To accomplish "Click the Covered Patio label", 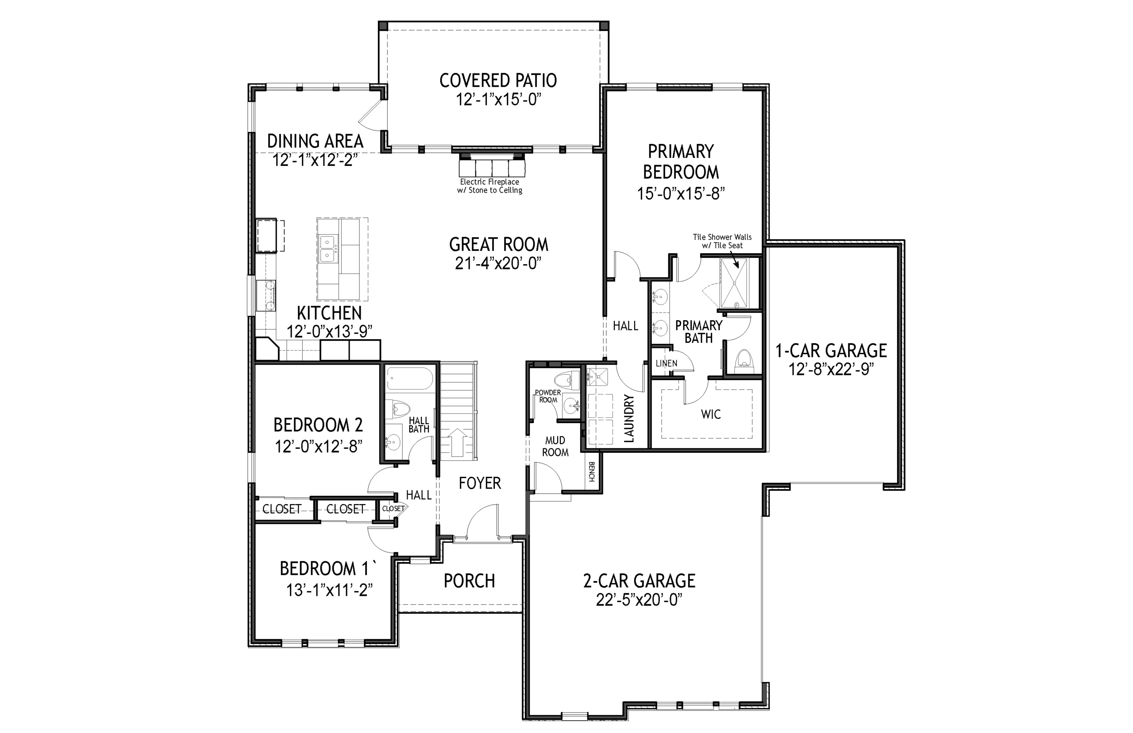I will pos(498,81).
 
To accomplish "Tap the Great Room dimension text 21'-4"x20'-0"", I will pos(498,263).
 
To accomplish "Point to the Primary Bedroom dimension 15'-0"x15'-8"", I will pos(681,194).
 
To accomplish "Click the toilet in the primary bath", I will pos(744,361).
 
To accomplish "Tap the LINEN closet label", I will pos(666,363).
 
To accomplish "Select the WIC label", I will pos(710,414).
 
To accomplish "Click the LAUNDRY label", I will pos(628,419).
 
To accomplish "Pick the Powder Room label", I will pos(548,396).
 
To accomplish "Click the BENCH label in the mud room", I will pos(591,472).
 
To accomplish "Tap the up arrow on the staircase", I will pos(457,440).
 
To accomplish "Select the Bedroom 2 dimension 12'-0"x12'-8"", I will pos(318,447).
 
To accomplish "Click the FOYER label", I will pos(480,483).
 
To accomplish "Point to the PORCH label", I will pos(469,581).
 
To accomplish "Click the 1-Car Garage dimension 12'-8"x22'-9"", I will pos(831,369).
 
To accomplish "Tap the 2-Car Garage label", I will pos(639,581).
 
